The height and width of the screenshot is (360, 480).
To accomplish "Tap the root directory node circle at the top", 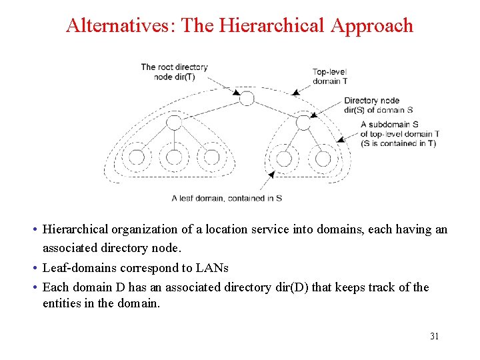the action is click(247, 99).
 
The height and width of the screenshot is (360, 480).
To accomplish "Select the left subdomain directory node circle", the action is click(173, 123).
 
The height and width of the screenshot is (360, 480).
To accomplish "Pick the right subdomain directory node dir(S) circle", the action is click(303, 123).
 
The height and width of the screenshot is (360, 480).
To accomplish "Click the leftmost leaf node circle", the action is click(136, 158).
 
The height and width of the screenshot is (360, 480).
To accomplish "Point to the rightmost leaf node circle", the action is click(323, 159).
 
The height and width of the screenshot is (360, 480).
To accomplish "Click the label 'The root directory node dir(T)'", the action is click(174, 71).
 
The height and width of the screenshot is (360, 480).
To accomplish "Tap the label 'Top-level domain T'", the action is click(329, 77).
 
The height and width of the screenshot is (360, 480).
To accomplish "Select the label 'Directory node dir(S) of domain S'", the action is click(379, 105).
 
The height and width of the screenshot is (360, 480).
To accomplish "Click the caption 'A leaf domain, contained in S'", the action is click(227, 198).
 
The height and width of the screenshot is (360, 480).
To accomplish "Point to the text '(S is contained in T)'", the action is click(398, 143).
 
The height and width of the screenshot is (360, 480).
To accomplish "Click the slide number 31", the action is click(434, 336).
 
